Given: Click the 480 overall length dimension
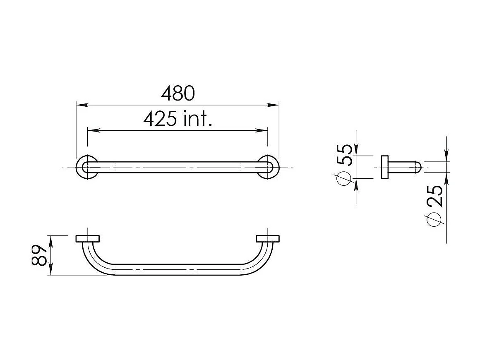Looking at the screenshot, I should [178, 94].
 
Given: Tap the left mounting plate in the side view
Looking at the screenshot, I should [87, 239].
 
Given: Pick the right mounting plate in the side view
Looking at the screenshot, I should [267, 239].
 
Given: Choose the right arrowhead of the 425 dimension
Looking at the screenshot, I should [262, 130].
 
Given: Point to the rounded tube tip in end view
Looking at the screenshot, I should [418, 167].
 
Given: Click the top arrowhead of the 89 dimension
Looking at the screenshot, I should [51, 239].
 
